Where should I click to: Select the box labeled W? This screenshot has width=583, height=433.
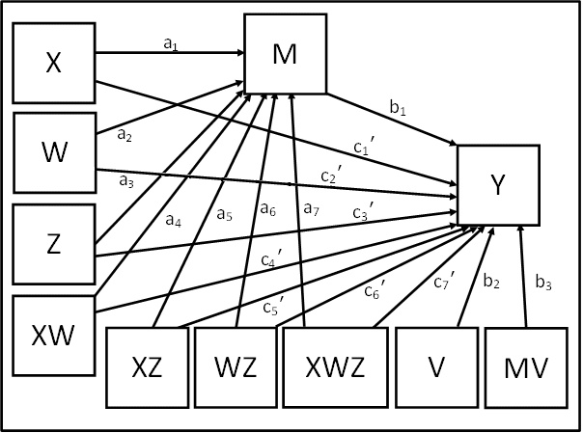tap(52, 153)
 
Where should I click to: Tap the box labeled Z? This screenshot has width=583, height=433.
tap(52, 244)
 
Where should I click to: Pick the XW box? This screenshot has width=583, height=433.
tap(52, 337)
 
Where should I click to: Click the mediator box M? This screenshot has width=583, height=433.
tap(285, 54)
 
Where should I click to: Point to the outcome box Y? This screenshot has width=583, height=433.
tap(496, 185)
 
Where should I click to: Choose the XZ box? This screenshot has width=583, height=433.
tap(146, 369)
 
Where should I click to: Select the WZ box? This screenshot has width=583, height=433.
tap(235, 369)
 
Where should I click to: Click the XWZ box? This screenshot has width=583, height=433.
tap(332, 369)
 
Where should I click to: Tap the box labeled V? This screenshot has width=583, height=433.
tap(435, 369)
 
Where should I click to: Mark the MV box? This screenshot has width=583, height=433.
tap(526, 369)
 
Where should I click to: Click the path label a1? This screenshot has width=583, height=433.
tap(172, 42)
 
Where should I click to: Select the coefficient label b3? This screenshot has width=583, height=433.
tap(544, 283)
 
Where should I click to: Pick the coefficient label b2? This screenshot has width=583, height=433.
tap(491, 282)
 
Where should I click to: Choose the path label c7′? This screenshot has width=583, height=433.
tap(443, 282)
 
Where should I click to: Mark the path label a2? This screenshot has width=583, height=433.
tap(125, 136)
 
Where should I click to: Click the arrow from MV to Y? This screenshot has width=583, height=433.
tap(522, 280)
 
